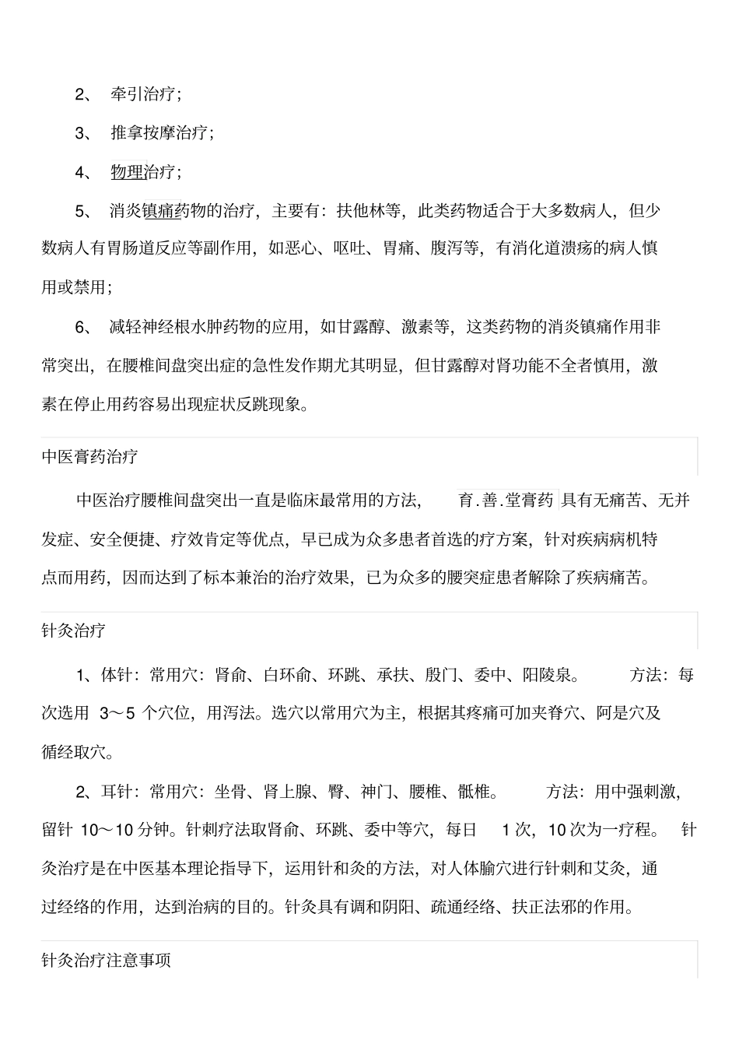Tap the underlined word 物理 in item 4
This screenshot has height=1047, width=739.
point(128,172)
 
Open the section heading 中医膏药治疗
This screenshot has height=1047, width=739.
point(89,457)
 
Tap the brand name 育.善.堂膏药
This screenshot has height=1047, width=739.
point(506,501)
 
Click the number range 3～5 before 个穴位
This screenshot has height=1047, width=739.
point(117,713)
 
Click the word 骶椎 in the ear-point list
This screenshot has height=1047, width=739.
point(474,792)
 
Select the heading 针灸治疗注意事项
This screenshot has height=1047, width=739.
point(106,961)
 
